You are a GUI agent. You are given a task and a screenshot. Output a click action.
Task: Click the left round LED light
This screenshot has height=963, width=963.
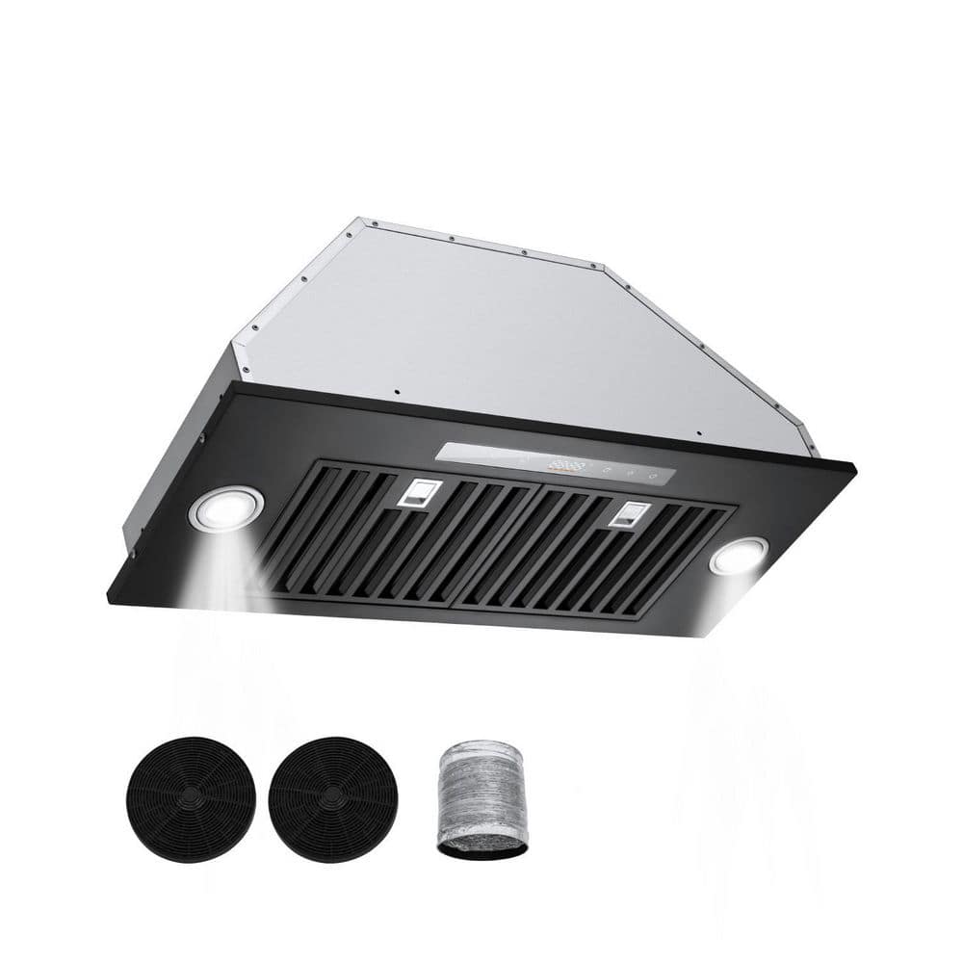point(227,508)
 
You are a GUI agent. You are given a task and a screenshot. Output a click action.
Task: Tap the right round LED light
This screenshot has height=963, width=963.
point(739,556)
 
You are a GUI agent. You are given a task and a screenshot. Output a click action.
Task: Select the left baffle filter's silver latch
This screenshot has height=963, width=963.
point(416,493)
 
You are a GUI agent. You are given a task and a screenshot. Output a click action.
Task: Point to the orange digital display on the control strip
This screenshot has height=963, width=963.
point(567,467)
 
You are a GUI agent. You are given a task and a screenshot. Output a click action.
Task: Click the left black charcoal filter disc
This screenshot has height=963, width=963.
point(192,799)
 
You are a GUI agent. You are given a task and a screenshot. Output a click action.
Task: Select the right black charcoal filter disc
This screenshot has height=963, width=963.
point(333,799)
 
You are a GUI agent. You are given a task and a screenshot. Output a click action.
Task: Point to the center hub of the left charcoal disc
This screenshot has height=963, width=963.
point(192,799)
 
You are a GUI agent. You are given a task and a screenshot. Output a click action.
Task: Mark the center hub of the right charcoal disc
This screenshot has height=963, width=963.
point(333,799)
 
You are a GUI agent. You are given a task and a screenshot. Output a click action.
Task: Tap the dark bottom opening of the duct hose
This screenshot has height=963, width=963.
point(481,847)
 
